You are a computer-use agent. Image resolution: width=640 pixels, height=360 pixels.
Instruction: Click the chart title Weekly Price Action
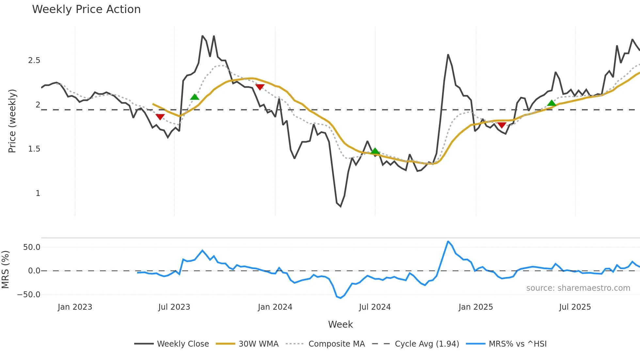tap(86, 9)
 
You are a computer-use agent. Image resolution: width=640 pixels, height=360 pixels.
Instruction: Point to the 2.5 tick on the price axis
tap(34, 60)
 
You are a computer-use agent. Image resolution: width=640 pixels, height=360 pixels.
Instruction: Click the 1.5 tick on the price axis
tap(34, 149)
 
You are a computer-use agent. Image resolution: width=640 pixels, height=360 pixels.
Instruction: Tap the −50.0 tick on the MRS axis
tap(29, 295)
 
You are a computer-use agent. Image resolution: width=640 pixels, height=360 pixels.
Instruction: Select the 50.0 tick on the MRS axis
tap(32, 247)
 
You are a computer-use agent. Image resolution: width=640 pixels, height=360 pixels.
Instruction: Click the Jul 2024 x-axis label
tap(375, 307)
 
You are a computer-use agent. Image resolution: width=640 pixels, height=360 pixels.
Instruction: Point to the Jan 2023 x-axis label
tap(75, 307)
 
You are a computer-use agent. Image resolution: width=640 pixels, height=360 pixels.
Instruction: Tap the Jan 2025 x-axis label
tap(476, 307)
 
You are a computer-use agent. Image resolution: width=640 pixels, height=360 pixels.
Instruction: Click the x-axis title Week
tap(340, 324)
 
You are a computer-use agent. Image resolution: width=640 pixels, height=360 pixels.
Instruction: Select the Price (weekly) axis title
tap(12, 121)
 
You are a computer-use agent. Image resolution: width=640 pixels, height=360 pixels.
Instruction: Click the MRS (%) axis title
tap(6, 270)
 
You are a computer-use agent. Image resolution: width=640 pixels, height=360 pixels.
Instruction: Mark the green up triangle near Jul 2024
tap(375, 151)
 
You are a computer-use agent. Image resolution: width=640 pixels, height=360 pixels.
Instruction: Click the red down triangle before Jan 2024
tap(260, 87)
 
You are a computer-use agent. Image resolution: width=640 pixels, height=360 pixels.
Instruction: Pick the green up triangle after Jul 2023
tap(195, 97)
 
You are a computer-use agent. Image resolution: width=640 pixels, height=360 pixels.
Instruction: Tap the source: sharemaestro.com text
tap(578, 288)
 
